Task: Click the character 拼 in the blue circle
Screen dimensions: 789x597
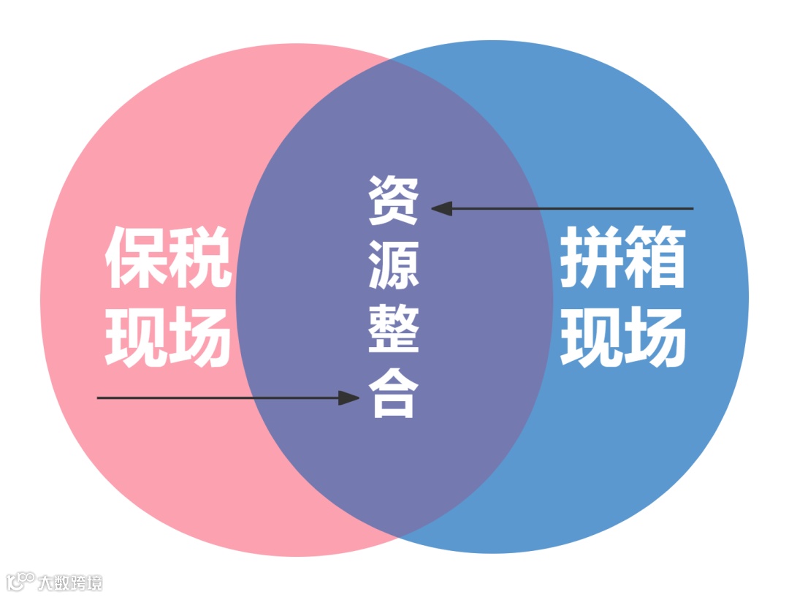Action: tap(592, 257)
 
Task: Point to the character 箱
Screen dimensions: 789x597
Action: tap(656, 257)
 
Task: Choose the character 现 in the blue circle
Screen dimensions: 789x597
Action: tap(592, 337)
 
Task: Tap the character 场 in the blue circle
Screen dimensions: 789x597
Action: tap(656, 337)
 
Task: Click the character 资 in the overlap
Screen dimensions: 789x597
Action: tap(394, 200)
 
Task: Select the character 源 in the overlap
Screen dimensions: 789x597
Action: tap(394, 265)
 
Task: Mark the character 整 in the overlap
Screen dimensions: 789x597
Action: tap(394, 329)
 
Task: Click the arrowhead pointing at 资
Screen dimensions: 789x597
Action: tap(441, 208)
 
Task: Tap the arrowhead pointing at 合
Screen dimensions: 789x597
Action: tap(351, 398)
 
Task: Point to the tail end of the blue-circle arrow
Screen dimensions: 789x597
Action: tap(691, 208)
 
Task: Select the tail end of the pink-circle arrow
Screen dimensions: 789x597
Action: tap(99, 398)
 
